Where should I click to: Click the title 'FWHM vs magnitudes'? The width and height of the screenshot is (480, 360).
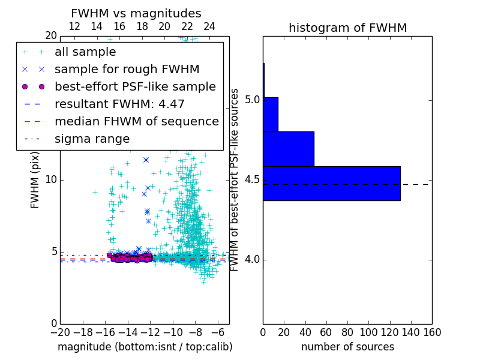[136, 13]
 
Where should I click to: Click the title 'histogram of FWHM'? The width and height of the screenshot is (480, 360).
[347, 28]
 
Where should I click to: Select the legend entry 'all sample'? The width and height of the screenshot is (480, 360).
[85, 52]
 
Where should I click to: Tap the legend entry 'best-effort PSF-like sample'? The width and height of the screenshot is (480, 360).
[135, 86]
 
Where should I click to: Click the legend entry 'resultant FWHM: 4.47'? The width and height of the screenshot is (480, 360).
[119, 104]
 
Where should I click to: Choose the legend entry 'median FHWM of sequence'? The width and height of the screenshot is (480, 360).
[136, 121]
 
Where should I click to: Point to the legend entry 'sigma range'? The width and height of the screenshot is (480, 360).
[92, 139]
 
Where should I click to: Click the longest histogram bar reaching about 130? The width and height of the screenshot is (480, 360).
[331, 183]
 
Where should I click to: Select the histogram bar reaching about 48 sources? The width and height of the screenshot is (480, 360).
[288, 148]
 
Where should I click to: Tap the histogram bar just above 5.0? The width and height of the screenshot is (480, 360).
[270, 114]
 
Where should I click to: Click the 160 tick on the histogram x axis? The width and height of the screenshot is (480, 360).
[432, 332]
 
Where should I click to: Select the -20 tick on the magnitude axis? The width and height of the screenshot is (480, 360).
[60, 332]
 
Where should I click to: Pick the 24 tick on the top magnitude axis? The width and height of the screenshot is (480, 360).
[209, 26]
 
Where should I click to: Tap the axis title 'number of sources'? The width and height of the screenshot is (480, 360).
[347, 347]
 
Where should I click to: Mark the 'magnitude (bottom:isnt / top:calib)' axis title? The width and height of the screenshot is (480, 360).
[145, 347]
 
